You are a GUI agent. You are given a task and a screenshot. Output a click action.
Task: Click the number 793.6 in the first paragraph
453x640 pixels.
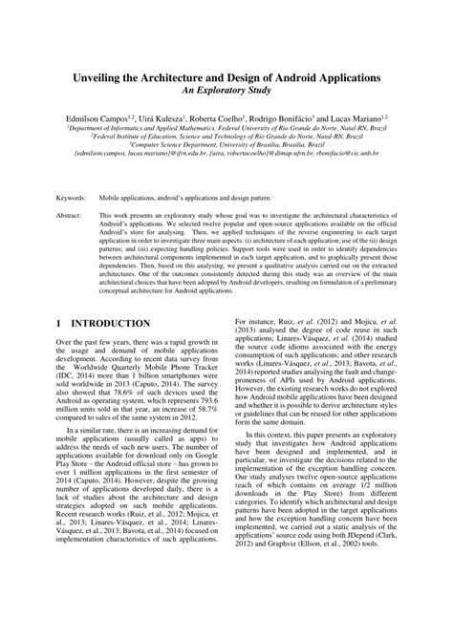[204, 426]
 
